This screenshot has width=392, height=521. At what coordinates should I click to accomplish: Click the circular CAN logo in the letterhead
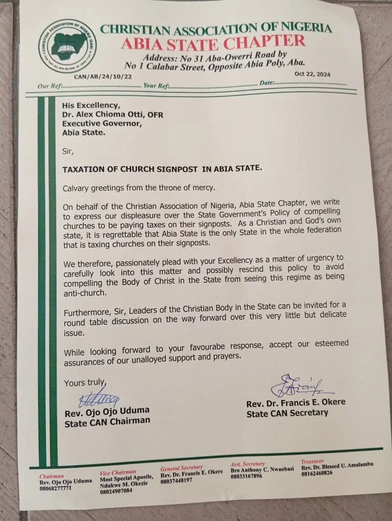point(66,45)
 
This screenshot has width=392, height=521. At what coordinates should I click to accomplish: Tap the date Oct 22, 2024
point(312,74)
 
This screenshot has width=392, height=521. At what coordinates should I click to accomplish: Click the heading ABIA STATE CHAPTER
point(213,42)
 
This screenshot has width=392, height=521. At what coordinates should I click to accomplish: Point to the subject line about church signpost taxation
point(162,168)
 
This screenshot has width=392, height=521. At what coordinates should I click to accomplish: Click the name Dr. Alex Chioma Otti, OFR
point(113,115)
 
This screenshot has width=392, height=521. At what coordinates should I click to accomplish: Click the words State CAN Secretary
point(287,413)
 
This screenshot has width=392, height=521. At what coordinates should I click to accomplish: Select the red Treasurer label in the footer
point(312,461)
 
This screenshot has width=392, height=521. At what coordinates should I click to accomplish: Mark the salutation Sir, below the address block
point(68,151)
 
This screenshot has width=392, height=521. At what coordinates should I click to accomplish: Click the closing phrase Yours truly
point(85,383)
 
